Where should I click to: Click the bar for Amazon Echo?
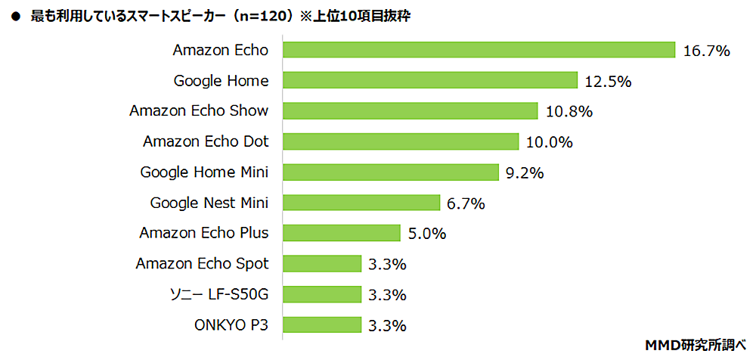point(479,50)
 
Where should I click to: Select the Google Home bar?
point(430,80)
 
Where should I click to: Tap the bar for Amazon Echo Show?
point(410,110)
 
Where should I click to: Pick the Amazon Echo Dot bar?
point(401,141)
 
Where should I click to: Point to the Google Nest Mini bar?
point(361,203)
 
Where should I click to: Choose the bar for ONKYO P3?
point(321,325)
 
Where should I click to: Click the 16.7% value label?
point(706,51)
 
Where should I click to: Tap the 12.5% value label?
point(608,82)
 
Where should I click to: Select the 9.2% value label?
point(525,173)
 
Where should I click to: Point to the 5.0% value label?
point(426,234)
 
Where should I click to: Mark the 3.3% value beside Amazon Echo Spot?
point(387,264)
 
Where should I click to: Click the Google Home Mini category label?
point(204,172)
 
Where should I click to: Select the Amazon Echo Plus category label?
point(203,233)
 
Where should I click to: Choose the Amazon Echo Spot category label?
point(202,263)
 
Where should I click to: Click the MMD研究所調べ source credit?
point(696,343)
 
